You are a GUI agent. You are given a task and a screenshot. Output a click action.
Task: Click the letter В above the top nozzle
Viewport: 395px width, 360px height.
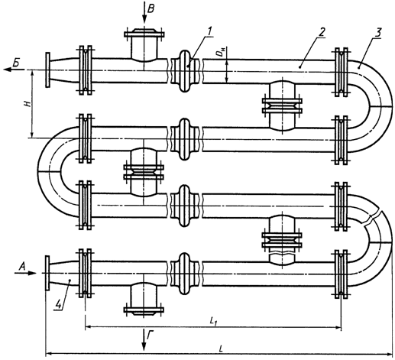click(x=151, y=9)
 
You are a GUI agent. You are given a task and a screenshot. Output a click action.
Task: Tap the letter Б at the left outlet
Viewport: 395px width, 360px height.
click(x=16, y=63)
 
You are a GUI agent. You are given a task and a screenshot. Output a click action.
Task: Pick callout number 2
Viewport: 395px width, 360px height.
click(x=322, y=32)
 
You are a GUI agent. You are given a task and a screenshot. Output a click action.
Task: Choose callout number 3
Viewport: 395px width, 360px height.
click(x=378, y=33)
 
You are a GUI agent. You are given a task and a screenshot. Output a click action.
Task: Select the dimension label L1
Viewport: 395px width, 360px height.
click(x=213, y=322)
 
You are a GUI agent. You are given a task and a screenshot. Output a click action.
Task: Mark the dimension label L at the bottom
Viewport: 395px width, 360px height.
click(x=221, y=349)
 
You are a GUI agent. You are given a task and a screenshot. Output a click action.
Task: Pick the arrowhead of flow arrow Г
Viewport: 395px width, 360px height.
click(x=144, y=346)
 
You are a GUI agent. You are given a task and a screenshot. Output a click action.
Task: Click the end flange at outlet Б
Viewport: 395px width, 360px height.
click(x=47, y=70)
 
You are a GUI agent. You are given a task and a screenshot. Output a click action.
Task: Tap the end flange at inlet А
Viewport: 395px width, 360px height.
click(x=47, y=273)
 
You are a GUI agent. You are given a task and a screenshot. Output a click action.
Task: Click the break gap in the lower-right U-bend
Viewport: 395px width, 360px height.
click(x=372, y=217)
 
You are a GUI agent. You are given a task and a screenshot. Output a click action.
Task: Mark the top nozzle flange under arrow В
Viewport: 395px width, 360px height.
click(x=144, y=34)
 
